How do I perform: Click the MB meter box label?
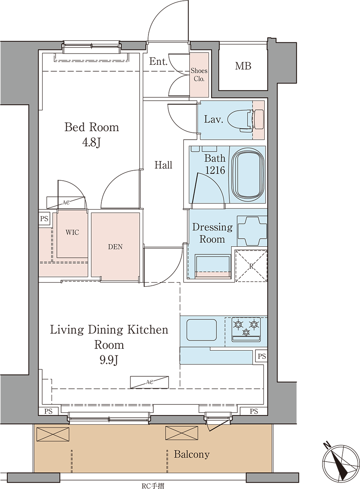tap(243, 66)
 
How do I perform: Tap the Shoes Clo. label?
tap(199, 74)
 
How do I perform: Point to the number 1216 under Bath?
tap(215, 170)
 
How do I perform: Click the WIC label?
tap(72, 232)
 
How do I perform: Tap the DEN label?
tap(115, 247)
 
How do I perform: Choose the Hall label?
tap(163, 165)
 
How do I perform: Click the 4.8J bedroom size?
tap(92, 143)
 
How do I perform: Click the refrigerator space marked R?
tap(251, 266)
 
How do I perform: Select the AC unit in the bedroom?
tap(66, 202)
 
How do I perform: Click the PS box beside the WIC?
tap(44, 218)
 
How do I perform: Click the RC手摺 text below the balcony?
tap(153, 485)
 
